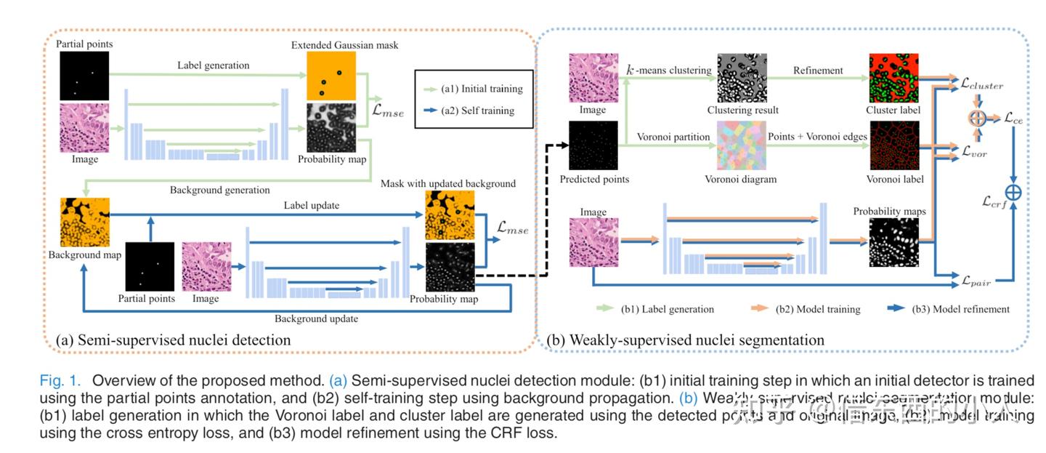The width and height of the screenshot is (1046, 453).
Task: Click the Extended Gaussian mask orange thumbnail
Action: coord(330,76)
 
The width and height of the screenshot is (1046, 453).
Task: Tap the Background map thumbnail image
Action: coord(84,222)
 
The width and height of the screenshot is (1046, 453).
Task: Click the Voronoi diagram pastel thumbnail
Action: coord(741,146)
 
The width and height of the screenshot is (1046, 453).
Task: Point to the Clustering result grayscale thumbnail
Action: coord(741,79)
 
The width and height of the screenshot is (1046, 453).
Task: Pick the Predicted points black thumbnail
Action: coord(593,146)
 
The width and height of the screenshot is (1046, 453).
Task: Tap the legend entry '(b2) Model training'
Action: coord(817,309)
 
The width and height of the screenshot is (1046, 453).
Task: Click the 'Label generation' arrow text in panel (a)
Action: coord(213,65)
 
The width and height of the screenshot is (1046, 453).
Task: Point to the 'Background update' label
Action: coord(315,318)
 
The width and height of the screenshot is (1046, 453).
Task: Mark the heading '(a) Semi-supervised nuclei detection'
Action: coord(173,340)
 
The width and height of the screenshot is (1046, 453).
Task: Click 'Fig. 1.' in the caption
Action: coord(62,381)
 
